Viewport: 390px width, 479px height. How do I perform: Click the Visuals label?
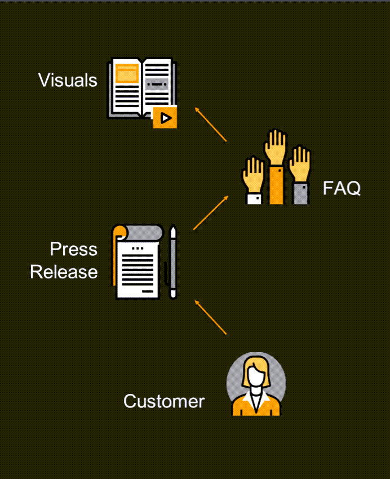(68, 80)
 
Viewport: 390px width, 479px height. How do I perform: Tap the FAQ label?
(342, 188)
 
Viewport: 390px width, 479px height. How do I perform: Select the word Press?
(73, 249)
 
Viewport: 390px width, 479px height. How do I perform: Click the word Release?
(64, 272)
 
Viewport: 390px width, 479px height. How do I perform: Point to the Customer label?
(163, 401)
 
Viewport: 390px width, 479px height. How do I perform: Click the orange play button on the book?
(165, 117)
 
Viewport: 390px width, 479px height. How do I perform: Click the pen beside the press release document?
(173, 262)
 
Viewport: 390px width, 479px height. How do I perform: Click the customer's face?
(256, 374)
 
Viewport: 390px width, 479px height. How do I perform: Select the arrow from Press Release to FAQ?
(211, 212)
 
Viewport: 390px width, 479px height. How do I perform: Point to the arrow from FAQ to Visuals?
(210, 124)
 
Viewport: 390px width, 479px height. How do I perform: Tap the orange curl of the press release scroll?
(117, 248)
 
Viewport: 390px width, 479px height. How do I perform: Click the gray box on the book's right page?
(157, 85)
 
